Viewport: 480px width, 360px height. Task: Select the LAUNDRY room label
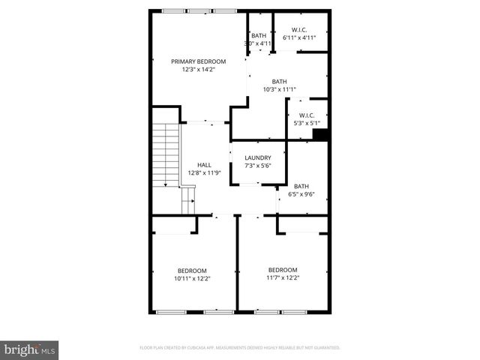coord(257,157)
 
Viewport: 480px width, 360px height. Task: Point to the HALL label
coord(204,165)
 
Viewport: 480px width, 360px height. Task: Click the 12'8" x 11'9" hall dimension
coord(204,173)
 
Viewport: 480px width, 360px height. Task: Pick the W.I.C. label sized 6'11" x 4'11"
coord(300,30)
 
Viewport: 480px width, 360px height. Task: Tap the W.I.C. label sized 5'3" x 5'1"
coord(307,115)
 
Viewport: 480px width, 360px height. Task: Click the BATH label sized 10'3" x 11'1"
coord(279,82)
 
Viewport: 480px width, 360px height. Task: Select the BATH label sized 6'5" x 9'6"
coord(301,186)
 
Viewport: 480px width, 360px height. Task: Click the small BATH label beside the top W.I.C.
coord(259,35)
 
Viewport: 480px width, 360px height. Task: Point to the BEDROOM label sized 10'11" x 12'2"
coord(192,270)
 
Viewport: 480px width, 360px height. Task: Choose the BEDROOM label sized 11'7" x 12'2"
coord(283,269)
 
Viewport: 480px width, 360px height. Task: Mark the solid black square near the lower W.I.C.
coord(321,135)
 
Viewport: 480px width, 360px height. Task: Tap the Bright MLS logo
coord(30,349)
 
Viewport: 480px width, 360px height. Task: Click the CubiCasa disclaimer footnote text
coord(240,348)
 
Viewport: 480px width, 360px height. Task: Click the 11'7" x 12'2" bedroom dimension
coord(283,277)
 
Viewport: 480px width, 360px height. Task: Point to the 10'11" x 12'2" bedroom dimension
coord(192,278)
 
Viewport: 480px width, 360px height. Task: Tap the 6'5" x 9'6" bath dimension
coord(301,194)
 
